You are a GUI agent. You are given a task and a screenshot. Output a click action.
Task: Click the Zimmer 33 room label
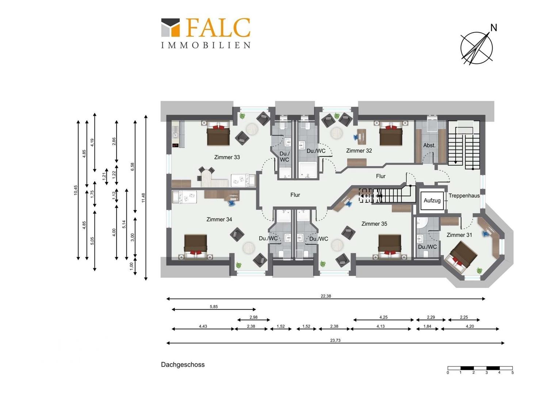pyautogui.click(x=227, y=157)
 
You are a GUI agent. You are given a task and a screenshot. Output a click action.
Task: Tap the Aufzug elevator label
pyautogui.click(x=432, y=200)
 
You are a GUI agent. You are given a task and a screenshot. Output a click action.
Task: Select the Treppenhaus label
pyautogui.click(x=464, y=196)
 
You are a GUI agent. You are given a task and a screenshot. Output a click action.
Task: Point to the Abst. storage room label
pyautogui.click(x=429, y=145)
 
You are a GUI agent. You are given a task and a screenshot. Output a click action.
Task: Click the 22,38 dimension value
pyautogui.click(x=326, y=296)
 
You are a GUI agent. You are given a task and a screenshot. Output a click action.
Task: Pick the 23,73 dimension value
pyautogui.click(x=335, y=341)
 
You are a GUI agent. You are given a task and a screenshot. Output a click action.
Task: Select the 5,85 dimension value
pyautogui.click(x=214, y=306)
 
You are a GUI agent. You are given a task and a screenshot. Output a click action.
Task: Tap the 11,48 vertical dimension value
pyautogui.click(x=143, y=197)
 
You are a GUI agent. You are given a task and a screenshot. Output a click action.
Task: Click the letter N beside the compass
pyautogui.click(x=493, y=28)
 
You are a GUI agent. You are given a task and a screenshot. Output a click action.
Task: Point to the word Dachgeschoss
pyautogui.click(x=183, y=365)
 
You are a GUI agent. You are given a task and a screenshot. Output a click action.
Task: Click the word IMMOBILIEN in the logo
pyautogui.click(x=206, y=45)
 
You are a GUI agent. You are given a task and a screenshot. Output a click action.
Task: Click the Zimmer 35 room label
pyautogui.click(x=374, y=224)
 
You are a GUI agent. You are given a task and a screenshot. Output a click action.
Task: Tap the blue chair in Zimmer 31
pyautogui.click(x=486, y=233)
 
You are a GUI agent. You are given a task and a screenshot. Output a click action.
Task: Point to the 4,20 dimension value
pyautogui.click(x=470, y=326)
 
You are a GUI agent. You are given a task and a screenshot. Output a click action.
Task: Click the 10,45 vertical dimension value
pyautogui.click(x=76, y=190)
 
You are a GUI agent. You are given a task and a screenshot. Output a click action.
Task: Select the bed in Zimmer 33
pyautogui.click(x=218, y=133)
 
